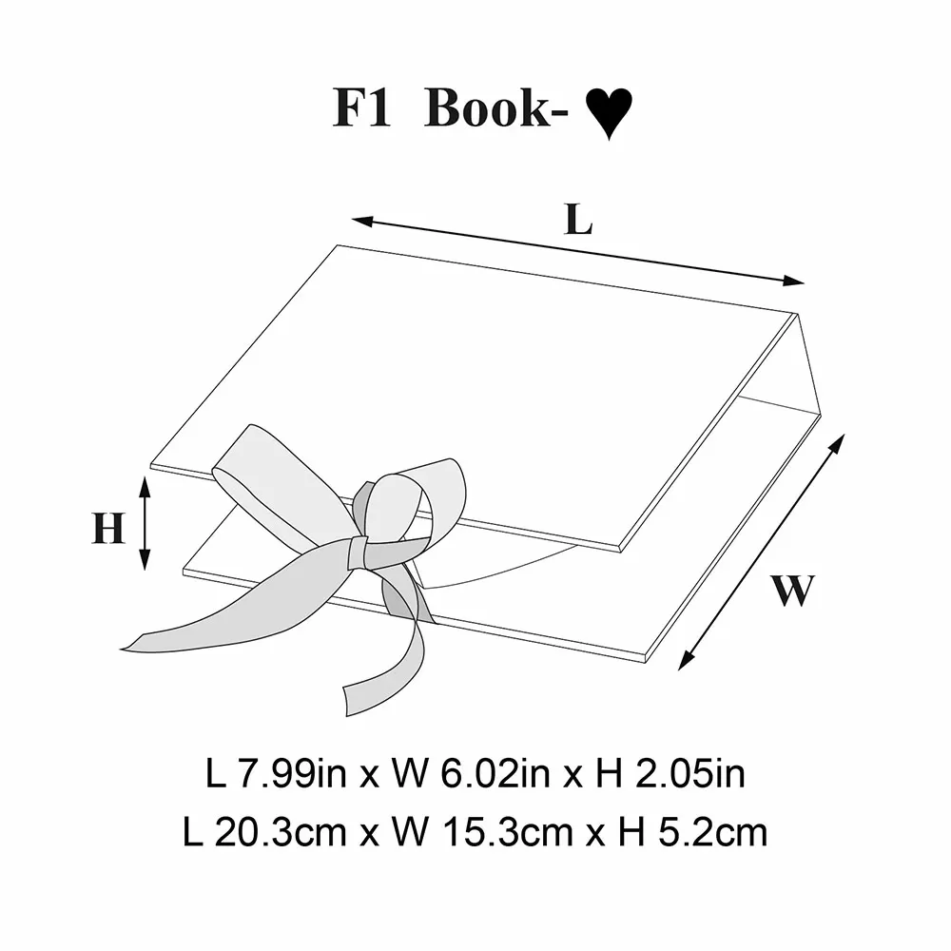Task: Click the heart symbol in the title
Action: click(x=609, y=113)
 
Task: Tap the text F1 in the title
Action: click(x=361, y=108)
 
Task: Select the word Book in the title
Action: click(x=488, y=108)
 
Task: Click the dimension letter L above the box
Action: click(x=578, y=219)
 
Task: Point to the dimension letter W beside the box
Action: click(x=793, y=590)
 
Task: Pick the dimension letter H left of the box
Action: click(x=108, y=528)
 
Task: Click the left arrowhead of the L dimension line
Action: click(x=362, y=222)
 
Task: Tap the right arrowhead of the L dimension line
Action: click(x=794, y=281)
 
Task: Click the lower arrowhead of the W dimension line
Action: click(x=686, y=659)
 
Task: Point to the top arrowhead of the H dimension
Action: click(x=145, y=486)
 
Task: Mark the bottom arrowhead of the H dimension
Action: click(x=145, y=560)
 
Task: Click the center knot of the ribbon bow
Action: click(x=358, y=553)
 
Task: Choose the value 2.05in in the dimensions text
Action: click(x=690, y=774)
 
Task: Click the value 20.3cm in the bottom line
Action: click(x=281, y=833)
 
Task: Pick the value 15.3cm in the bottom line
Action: click(x=508, y=833)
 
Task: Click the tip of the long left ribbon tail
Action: click(x=122, y=649)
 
